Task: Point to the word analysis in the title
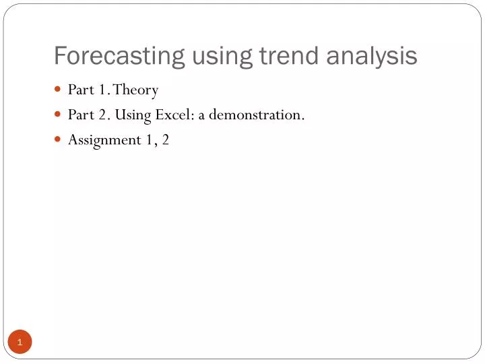tap(372, 56)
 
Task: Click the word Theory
tap(136, 90)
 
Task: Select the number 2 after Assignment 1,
tap(165, 140)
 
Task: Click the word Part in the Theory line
tap(80, 90)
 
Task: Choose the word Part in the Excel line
tap(80, 115)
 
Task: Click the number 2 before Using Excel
tap(104, 115)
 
